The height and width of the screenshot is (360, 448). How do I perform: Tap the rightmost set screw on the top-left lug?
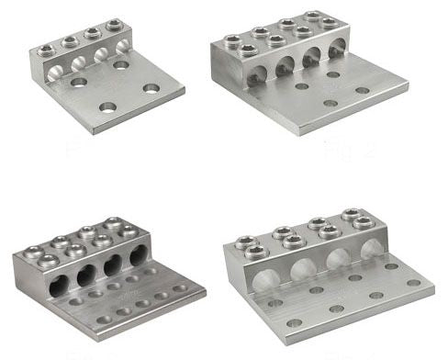(x=114, y=25)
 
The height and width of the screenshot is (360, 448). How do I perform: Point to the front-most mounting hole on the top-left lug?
(x=107, y=107)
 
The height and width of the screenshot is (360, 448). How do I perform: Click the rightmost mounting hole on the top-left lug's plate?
(x=151, y=88)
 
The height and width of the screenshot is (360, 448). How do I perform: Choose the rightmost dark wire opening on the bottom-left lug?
(x=138, y=254)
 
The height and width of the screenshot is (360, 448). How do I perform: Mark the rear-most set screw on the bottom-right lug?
(x=353, y=215)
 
